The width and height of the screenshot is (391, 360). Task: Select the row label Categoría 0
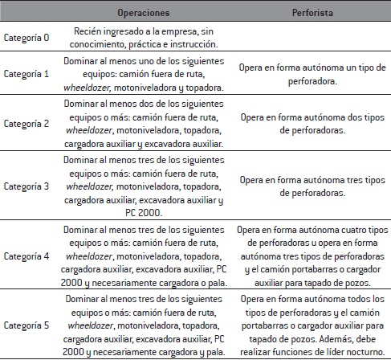click(x=26, y=37)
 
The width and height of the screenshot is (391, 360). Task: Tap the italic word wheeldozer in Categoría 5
click(x=90, y=328)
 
